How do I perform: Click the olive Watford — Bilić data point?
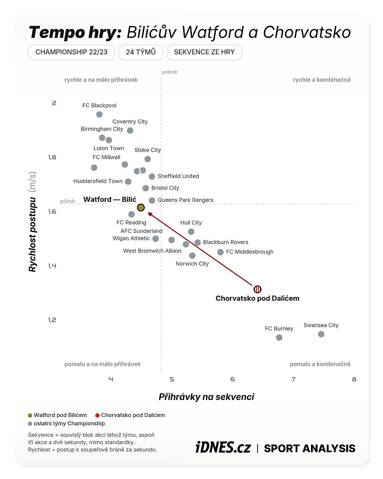click(141, 208)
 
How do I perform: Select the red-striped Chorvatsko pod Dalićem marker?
click(257, 289)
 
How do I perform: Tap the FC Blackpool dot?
click(99, 114)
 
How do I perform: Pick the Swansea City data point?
click(321, 334)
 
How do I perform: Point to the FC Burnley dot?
click(279, 338)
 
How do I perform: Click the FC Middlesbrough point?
click(221, 252)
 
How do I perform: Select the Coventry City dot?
click(130, 131)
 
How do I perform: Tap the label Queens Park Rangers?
click(185, 200)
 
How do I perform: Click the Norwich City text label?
click(192, 264)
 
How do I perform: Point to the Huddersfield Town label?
click(98, 181)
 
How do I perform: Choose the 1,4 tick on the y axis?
click(52, 266)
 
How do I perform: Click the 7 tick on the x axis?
click(293, 379)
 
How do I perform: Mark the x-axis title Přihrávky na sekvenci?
click(206, 397)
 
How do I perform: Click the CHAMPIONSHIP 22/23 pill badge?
click(72, 52)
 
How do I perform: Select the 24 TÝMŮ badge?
click(141, 52)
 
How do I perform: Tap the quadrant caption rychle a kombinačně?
click(322, 80)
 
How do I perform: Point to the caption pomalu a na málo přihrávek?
click(102, 364)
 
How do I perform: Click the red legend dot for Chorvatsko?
click(97, 415)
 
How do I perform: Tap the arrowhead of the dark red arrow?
click(150, 214)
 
